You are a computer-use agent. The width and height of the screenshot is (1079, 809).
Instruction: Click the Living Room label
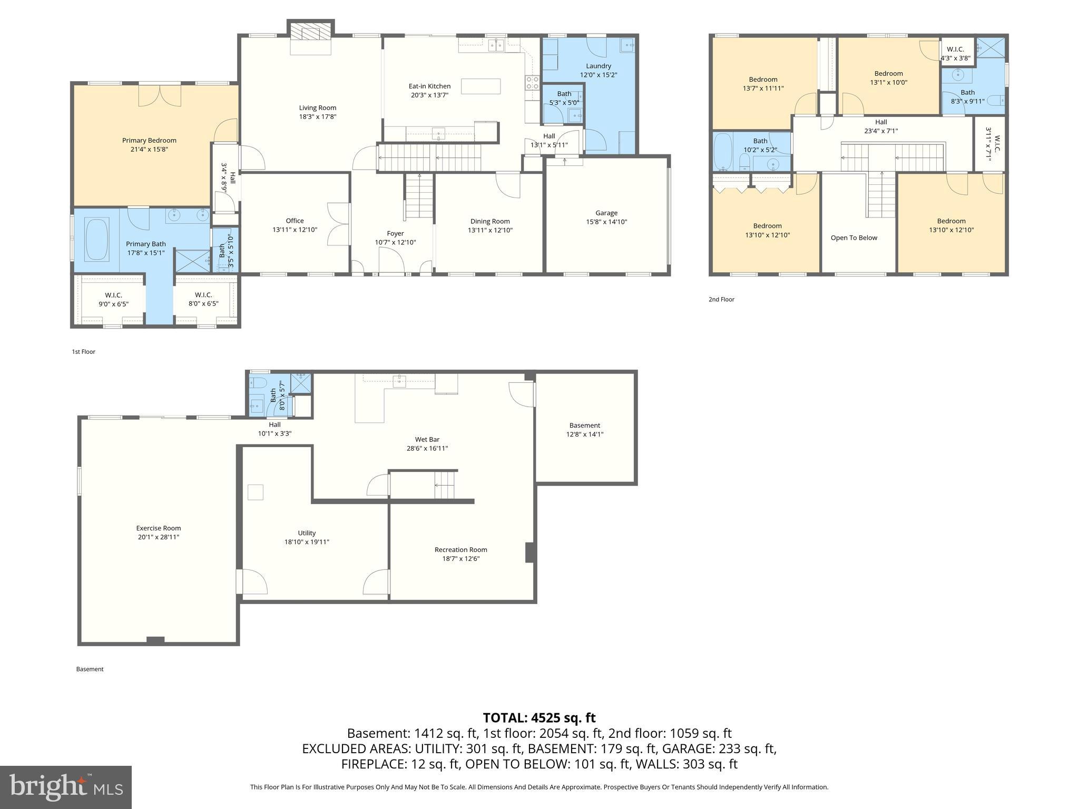317,108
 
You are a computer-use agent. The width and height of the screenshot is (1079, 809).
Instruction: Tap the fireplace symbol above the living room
311,33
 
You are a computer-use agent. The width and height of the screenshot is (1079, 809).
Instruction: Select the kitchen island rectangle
480,86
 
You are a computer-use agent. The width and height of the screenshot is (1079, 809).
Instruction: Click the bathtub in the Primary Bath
96,240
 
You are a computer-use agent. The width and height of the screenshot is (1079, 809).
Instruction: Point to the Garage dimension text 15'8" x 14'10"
606,222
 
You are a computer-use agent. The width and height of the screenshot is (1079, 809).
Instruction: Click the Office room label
295,221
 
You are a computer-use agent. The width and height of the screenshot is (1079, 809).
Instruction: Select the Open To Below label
854,238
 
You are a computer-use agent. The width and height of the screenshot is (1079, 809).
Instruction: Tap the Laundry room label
598,66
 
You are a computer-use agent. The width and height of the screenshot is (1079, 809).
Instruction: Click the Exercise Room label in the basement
158,528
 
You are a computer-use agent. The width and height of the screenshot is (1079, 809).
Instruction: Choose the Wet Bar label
427,439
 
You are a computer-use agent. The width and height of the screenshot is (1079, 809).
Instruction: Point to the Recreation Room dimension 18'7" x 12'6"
460,559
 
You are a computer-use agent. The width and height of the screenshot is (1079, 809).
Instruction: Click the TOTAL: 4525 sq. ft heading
539,718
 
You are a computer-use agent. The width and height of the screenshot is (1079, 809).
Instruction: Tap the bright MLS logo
66,787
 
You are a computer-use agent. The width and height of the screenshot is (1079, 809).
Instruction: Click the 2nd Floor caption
721,299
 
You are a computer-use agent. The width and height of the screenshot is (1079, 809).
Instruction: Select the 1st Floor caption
83,351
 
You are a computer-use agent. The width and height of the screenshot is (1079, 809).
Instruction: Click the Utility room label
307,533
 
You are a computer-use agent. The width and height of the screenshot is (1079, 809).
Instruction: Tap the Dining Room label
489,221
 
